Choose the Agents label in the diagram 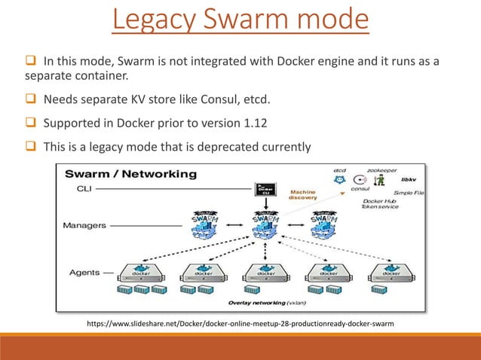[x=84, y=271]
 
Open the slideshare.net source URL [x=240, y=325]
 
